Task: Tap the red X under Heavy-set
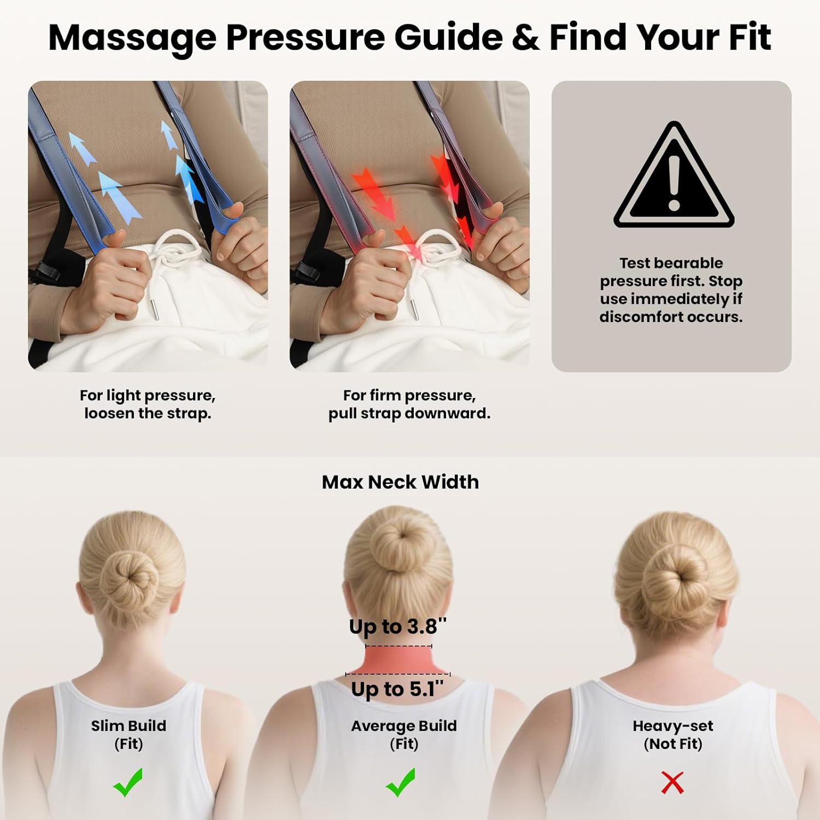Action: coord(672,782)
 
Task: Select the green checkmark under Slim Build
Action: coord(128,782)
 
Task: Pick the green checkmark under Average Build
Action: coord(401,782)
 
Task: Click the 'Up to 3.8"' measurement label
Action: coord(398,626)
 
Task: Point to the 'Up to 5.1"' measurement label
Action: coord(397,689)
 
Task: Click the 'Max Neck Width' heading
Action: coord(400,482)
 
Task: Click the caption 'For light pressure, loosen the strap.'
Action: coord(148,404)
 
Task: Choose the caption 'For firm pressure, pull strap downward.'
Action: coord(409,404)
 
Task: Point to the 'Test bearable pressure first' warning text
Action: coord(671,290)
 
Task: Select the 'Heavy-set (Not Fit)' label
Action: coord(673,735)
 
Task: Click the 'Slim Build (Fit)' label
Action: coord(128,735)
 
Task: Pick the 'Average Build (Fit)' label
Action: coord(404,735)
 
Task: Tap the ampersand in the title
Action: coord(525,38)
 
